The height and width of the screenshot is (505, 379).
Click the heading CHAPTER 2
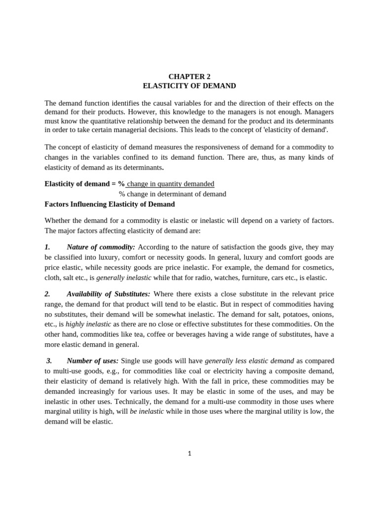(189, 76)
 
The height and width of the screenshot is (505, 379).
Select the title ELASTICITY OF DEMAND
(189, 86)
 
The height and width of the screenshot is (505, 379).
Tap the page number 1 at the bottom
(189, 454)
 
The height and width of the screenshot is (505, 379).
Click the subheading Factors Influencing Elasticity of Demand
(110, 204)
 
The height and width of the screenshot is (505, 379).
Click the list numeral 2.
(47, 293)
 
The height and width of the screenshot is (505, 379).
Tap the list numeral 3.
(49, 361)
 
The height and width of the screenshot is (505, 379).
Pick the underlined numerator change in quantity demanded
(170, 184)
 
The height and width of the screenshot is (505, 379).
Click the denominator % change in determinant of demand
(173, 194)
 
